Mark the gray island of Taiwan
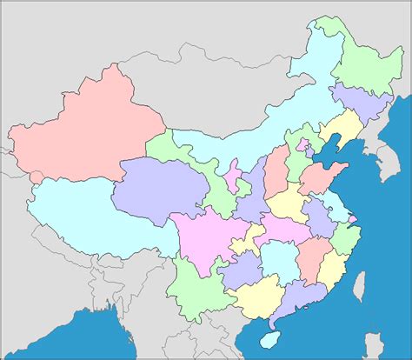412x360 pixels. [x=358, y=283]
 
